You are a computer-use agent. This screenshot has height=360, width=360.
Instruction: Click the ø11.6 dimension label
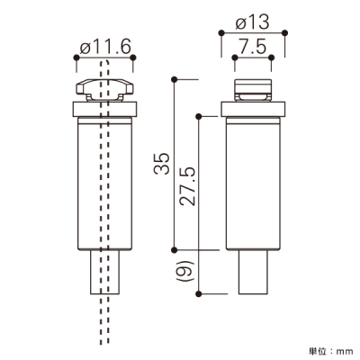[x=106, y=48]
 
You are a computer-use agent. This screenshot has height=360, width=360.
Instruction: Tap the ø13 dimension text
[x=253, y=23]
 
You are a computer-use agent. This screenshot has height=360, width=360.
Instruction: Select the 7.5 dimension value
[x=253, y=48]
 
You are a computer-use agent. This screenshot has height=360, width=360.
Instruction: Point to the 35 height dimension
[x=162, y=164]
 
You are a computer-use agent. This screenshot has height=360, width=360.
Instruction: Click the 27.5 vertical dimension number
[x=187, y=186]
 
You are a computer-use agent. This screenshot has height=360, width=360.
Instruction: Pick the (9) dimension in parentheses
[x=186, y=271]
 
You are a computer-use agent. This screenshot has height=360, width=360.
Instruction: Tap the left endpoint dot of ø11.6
[x=76, y=58]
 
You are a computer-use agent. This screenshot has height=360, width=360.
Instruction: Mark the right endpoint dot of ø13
[x=285, y=32]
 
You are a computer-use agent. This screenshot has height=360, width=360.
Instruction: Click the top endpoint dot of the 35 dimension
[x=174, y=79]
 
